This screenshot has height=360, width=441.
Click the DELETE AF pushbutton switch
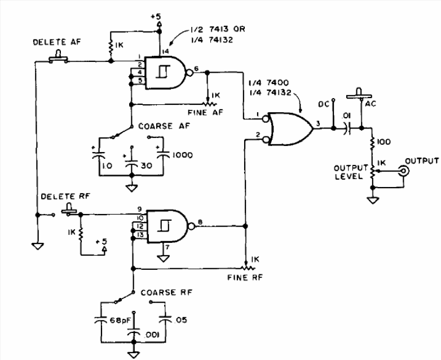58,57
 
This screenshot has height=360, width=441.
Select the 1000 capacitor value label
183,155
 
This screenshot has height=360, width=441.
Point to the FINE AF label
205,113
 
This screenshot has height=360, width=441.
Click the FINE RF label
245,278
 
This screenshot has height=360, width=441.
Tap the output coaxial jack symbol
404,171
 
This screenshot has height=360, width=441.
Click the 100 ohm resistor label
383,141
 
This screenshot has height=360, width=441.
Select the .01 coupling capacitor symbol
347,128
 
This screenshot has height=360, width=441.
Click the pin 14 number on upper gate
166,51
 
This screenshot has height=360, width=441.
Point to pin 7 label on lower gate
167,247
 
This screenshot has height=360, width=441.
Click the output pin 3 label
318,123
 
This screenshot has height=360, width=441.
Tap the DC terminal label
324,104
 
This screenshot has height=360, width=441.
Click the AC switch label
371,104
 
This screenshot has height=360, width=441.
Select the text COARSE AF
164,126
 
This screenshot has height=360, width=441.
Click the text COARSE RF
166,292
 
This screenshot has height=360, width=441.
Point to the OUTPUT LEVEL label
351,172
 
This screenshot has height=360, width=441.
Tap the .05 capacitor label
180,320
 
